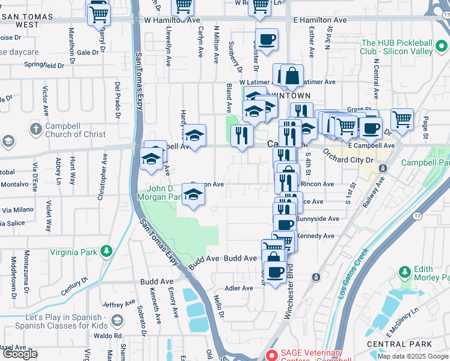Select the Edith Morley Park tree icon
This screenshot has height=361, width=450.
(404, 273)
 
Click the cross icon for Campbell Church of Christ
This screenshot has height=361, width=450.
(36, 129)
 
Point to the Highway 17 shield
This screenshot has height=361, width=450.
(417, 215)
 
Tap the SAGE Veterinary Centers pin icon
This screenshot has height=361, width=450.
(271, 356)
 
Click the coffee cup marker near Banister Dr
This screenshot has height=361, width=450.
(267, 40)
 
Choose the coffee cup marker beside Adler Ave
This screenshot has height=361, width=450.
(275, 272)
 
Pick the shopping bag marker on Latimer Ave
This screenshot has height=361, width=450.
(292, 76)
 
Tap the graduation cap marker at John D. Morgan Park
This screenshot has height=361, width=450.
(193, 194)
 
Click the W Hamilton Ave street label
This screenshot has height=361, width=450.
(172, 20)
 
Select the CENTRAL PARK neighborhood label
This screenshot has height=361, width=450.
(407, 344)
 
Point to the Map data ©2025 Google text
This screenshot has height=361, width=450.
(412, 356)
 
